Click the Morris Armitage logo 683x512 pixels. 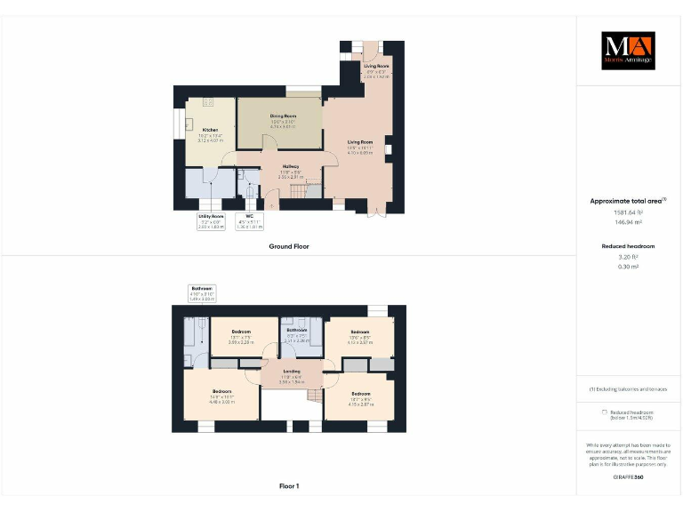pyautogui.click(x=628, y=51)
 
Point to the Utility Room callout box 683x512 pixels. pyautogui.click(x=211, y=220)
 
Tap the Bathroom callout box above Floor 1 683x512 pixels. pyautogui.click(x=202, y=293)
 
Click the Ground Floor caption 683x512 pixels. pyautogui.click(x=288, y=246)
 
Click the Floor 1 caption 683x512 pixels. pyautogui.click(x=288, y=486)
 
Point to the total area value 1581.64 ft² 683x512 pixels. pyautogui.click(x=628, y=212)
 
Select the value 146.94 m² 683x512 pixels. pyautogui.click(x=628, y=223)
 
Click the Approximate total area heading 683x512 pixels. pyautogui.click(x=628, y=201)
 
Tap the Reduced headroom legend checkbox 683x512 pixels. pyautogui.click(x=605, y=412)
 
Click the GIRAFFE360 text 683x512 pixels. pyautogui.click(x=628, y=478)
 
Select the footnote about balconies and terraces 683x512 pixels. pyautogui.click(x=628, y=389)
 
